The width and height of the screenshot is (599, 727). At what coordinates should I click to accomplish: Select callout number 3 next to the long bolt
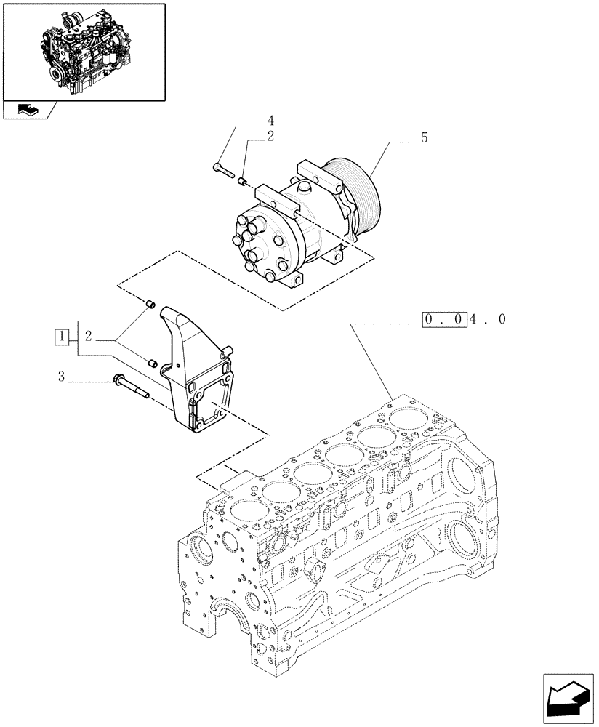tap(62, 377)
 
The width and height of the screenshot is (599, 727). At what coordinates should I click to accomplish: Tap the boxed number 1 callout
tap(63, 337)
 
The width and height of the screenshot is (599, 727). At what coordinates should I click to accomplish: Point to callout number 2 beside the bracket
tap(87, 337)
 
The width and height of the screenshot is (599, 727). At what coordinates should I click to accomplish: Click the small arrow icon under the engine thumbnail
tap(27, 110)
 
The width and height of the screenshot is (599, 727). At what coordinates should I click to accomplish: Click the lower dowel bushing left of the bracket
tap(151, 361)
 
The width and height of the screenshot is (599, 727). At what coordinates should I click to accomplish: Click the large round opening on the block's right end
tap(465, 540)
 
